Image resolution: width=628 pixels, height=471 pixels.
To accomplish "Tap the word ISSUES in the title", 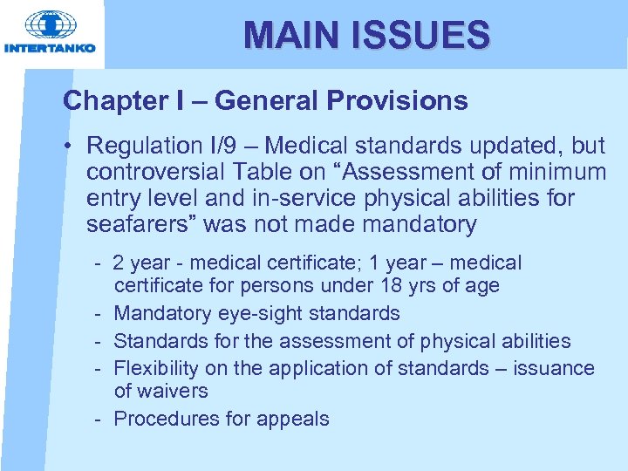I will coord(416,35).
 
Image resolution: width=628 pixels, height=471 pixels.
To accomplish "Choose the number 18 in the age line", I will coord(390,286).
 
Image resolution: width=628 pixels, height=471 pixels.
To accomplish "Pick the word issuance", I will coord(554,368).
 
